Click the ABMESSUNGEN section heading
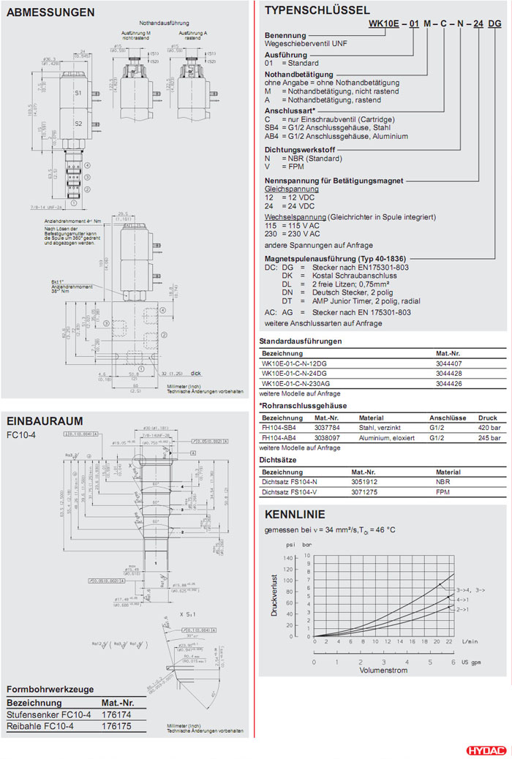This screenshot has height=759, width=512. [x=50, y=12]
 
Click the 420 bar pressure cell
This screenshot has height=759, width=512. [x=488, y=428]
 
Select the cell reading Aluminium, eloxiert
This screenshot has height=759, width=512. [x=386, y=438]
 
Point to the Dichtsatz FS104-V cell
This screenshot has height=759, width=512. [x=291, y=494]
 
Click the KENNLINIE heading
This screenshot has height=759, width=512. [x=295, y=514]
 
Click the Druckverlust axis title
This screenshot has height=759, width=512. [x=275, y=594]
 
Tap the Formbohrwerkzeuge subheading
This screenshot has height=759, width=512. [x=50, y=689]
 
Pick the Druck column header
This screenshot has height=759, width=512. [x=488, y=418]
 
